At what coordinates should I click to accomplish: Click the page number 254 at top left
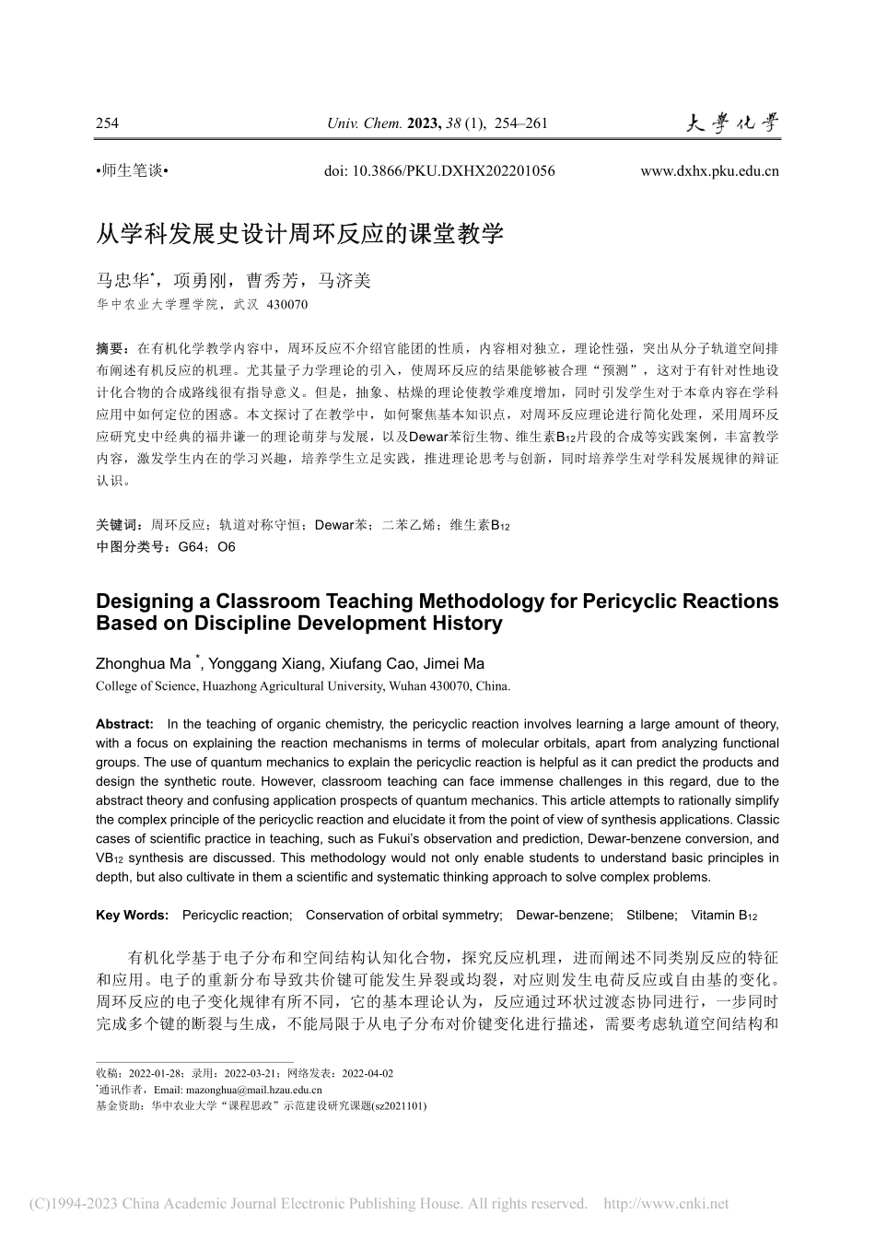[108, 124]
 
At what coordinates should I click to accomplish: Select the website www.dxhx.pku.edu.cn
[709, 170]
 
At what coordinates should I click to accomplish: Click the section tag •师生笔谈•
[129, 170]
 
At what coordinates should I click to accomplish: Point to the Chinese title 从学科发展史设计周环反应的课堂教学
[300, 233]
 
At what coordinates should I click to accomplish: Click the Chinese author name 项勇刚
[199, 281]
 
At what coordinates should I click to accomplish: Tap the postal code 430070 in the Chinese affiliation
[286, 304]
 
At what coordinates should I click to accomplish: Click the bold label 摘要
[111, 349]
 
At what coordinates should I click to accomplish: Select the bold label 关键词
[115, 525]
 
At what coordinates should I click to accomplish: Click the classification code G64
[191, 546]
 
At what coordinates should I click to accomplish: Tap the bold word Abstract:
[124, 724]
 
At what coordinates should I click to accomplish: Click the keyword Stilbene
[651, 915]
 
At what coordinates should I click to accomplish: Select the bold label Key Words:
[132, 915]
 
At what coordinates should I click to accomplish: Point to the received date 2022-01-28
[155, 1073]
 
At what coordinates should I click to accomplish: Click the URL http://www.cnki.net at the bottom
[665, 1203]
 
